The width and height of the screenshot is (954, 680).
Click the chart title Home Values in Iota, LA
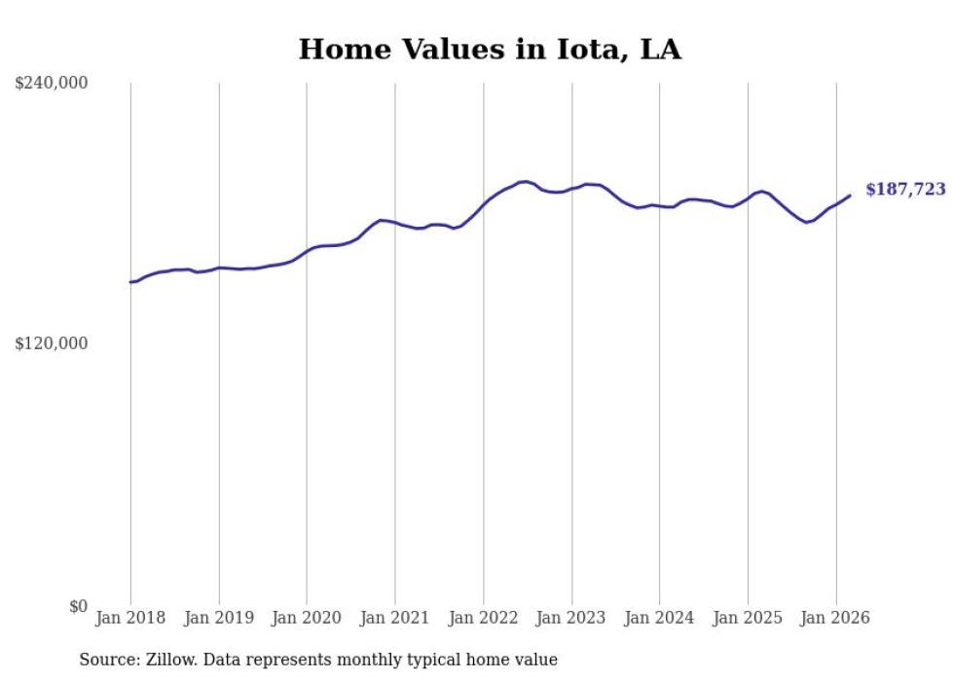[x=490, y=50]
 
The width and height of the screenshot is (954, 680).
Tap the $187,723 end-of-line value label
[x=905, y=190]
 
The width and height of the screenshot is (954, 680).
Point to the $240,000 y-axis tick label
[x=52, y=84]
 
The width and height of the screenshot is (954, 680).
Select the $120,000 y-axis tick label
[x=52, y=344]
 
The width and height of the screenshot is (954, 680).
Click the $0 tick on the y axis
[x=78, y=606]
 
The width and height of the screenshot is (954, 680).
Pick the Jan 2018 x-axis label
[x=130, y=618]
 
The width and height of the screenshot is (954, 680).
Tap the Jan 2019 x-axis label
[x=219, y=618]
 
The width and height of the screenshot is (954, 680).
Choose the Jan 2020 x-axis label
[x=307, y=618]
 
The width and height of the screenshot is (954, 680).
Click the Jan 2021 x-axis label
[x=395, y=618]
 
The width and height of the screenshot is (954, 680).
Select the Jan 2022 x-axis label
[x=484, y=618]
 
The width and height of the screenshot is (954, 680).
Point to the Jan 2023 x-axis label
[x=571, y=618]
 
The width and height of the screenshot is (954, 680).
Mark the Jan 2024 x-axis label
[x=660, y=618]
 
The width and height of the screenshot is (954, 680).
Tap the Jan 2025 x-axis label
[x=748, y=618]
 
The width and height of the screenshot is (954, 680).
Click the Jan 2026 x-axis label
[x=836, y=618]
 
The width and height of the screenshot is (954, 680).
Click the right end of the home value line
[x=850, y=196]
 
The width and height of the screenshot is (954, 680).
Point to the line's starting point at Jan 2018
[x=130, y=282]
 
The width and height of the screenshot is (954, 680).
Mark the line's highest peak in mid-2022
[x=526, y=181]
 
